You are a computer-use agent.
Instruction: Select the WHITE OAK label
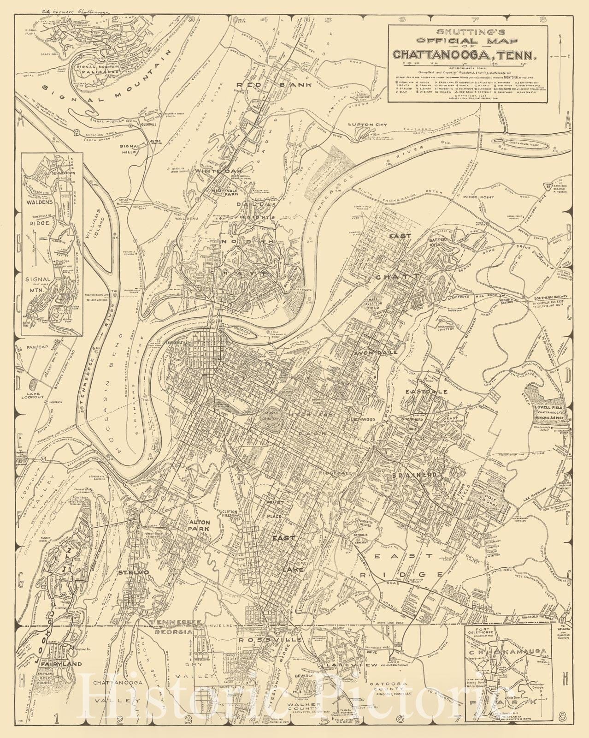(211, 171)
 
